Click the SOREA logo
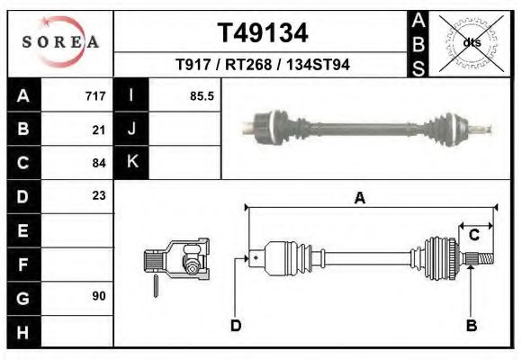click(60, 43)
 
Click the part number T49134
click(263, 33)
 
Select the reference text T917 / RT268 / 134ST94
click(263, 65)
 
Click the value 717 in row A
click(94, 96)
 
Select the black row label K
click(131, 163)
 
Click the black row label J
click(131, 130)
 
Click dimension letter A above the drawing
click(359, 199)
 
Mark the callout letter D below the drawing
click(236, 326)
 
